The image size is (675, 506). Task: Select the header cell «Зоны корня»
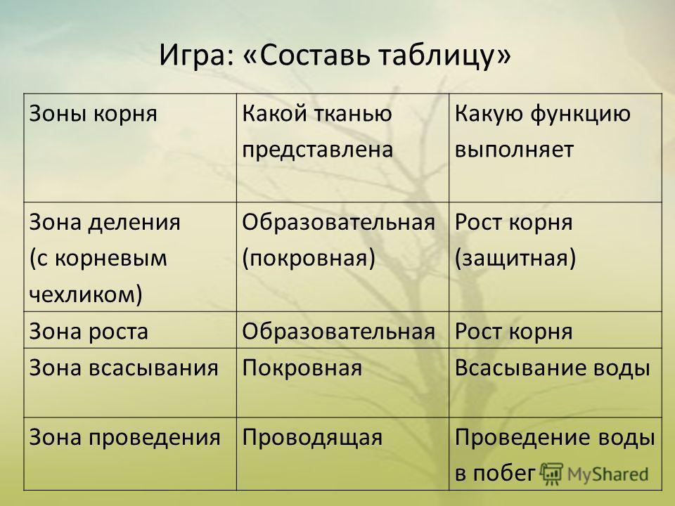point(94,115)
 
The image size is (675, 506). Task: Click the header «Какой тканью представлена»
point(317,131)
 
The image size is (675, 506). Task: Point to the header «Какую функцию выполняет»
point(542,131)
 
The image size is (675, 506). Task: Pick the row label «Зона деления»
point(105,223)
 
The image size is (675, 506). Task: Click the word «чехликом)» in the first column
point(86,294)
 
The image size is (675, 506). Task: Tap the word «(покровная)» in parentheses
point(309,259)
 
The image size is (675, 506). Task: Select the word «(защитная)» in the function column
point(515,259)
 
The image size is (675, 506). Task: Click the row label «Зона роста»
point(89,332)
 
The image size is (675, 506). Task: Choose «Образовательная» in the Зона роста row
point(338,332)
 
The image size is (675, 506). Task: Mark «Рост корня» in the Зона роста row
point(513,332)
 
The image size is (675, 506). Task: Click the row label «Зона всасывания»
point(124,368)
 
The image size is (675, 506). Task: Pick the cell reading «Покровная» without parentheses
point(302,369)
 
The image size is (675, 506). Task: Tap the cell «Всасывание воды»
point(553,368)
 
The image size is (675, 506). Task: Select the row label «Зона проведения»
point(125,438)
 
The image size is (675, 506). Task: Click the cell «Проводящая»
point(312,438)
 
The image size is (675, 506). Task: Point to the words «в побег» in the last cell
point(494,473)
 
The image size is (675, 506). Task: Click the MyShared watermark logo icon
point(551,474)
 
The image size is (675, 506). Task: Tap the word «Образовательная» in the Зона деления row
point(338,223)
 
